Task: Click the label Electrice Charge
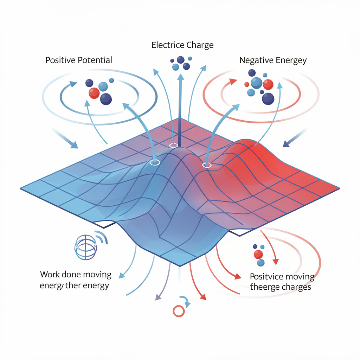coord(182,45)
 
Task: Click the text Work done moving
coord(76,274)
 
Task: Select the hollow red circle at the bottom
coord(178,311)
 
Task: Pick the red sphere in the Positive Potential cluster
coord(94,93)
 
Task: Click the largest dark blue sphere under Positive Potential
coord(106,99)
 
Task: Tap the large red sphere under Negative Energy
coord(268,84)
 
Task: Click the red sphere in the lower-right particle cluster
coord(258,254)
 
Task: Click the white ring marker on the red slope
coord(207,165)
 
